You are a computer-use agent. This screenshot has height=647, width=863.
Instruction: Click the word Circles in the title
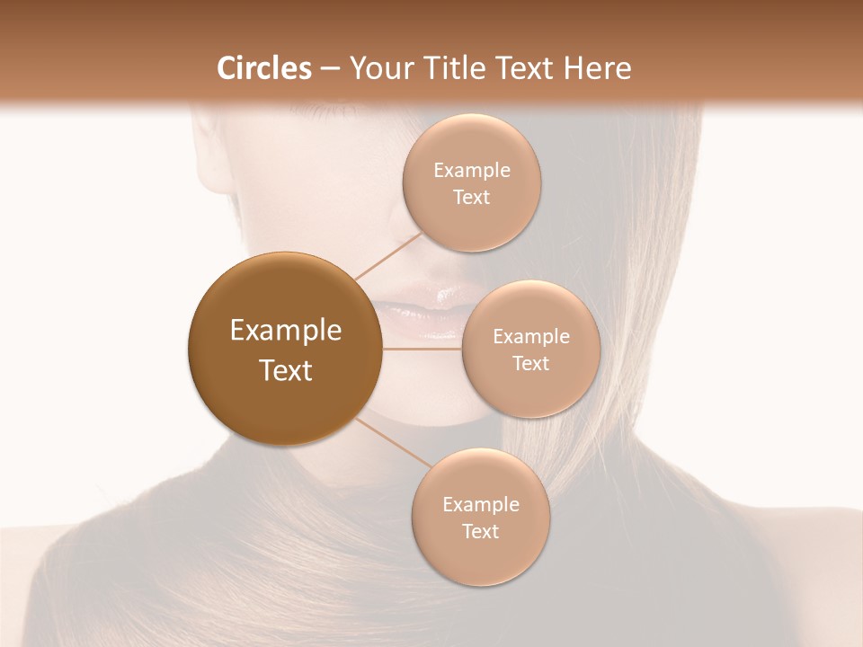[x=263, y=68]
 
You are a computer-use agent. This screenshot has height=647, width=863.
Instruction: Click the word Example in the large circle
[x=286, y=331]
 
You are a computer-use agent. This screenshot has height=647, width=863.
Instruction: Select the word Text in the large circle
[x=286, y=370]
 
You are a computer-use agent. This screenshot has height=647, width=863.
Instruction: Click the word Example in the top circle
[x=471, y=171]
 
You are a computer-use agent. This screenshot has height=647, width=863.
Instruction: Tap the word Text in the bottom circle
[x=480, y=531]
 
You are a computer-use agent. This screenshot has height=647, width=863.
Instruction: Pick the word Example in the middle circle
[x=530, y=337]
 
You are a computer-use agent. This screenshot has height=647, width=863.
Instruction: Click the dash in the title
[x=330, y=68]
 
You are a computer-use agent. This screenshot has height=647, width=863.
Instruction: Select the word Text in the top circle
[x=471, y=198]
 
